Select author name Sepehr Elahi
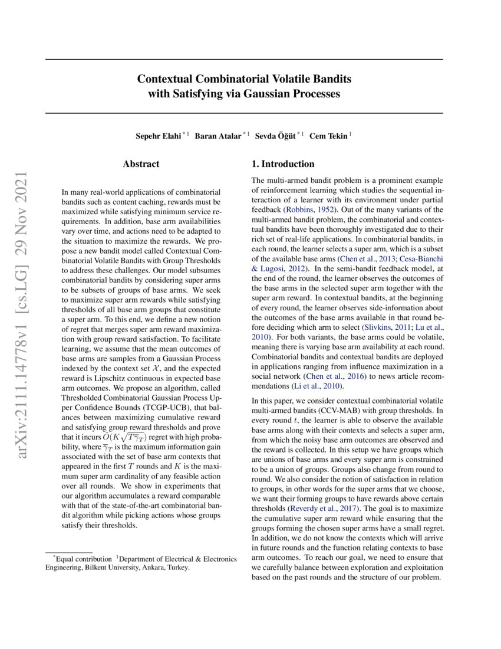tap(159, 135)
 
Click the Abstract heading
tap(141, 164)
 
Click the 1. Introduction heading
tap(283, 164)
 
